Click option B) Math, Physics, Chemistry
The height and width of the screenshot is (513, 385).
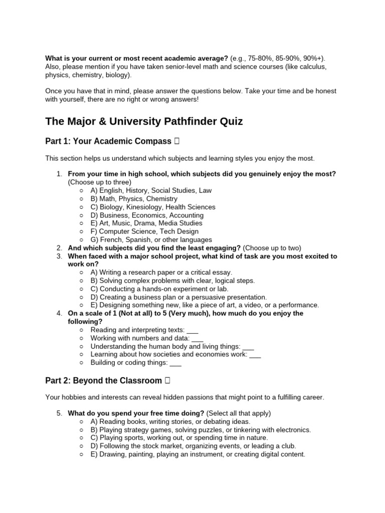coord(134,199)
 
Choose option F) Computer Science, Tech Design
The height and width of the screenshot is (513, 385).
coord(144,231)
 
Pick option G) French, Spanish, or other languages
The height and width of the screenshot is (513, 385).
coord(151,239)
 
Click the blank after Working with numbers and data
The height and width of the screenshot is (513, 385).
coord(198,338)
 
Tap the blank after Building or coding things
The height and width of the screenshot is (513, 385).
coord(175,362)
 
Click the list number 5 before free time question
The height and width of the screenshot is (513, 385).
coord(59,413)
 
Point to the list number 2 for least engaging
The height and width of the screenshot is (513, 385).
coord(59,248)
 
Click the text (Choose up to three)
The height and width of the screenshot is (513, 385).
coord(99,182)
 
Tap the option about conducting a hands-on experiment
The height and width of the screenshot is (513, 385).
coord(159,289)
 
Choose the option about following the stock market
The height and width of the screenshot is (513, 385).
coord(193,446)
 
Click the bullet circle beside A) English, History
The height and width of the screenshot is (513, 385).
coord(82,191)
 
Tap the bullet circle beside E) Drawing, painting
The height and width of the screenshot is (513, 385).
coord(82,454)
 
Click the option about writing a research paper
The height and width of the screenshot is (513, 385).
coord(161,273)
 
